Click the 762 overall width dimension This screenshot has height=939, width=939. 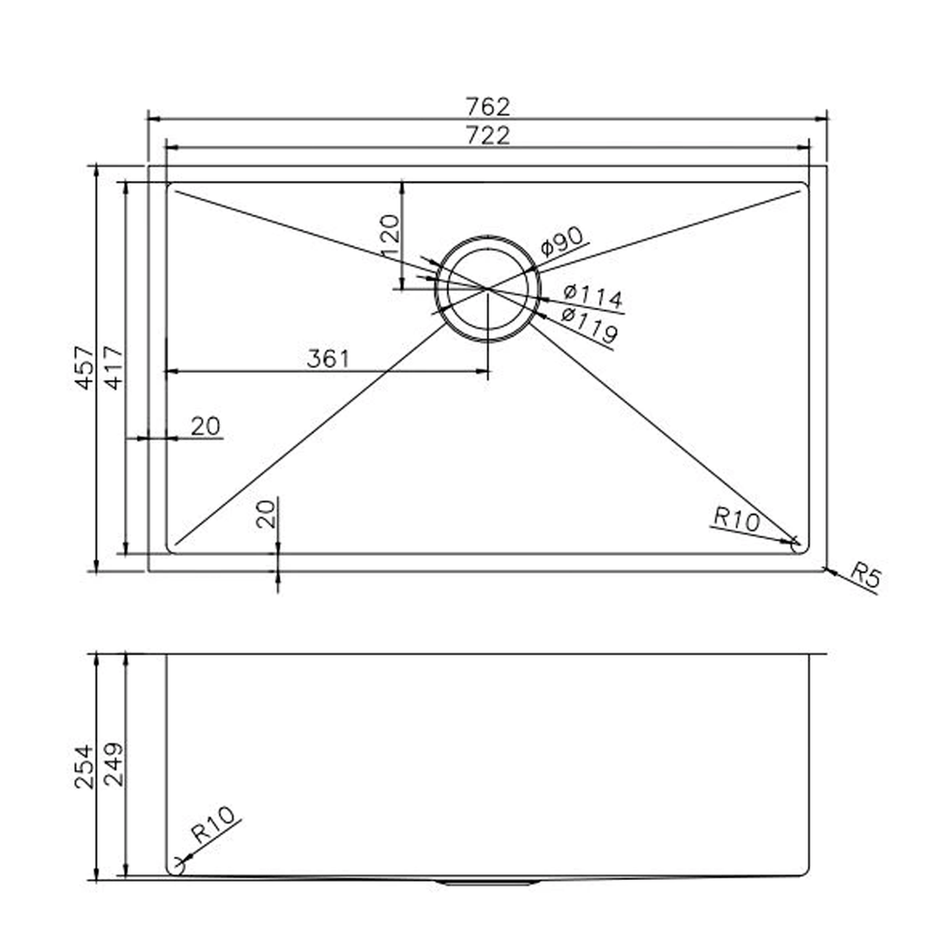[x=487, y=107]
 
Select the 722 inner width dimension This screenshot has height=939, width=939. [x=487, y=135]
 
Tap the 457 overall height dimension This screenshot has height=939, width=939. [x=85, y=368]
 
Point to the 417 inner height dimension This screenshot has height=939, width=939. [x=114, y=368]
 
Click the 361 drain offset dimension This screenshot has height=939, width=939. [x=328, y=359]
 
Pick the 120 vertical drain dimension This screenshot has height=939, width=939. [x=390, y=236]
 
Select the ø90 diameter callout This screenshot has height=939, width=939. [x=562, y=240]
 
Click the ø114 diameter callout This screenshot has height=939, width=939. [x=593, y=295]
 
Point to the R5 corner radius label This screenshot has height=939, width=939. [x=866, y=576]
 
